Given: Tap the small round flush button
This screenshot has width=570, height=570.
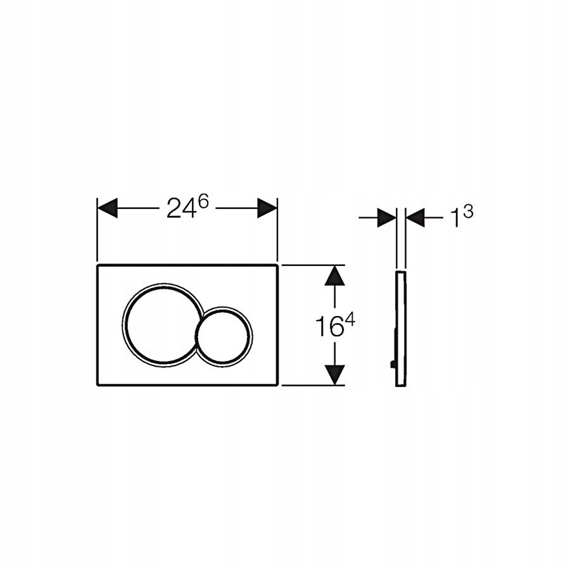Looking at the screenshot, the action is [224, 337].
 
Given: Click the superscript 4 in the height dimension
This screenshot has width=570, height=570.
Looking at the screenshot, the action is [350, 321].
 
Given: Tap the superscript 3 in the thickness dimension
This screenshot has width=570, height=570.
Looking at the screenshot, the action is [467, 212].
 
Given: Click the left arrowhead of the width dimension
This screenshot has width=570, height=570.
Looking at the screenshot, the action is [108, 208].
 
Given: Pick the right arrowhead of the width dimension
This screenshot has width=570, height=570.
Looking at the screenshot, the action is [267, 208].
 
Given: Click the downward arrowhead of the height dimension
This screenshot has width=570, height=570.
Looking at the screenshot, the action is [336, 374].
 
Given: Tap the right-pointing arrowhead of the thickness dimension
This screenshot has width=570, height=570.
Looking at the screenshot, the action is [386, 218].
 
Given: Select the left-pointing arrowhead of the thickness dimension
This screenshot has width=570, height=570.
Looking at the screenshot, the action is [415, 218].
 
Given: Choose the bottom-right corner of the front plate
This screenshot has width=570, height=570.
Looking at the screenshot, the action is [277, 384].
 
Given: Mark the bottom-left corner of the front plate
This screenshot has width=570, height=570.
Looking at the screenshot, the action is [98, 384].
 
